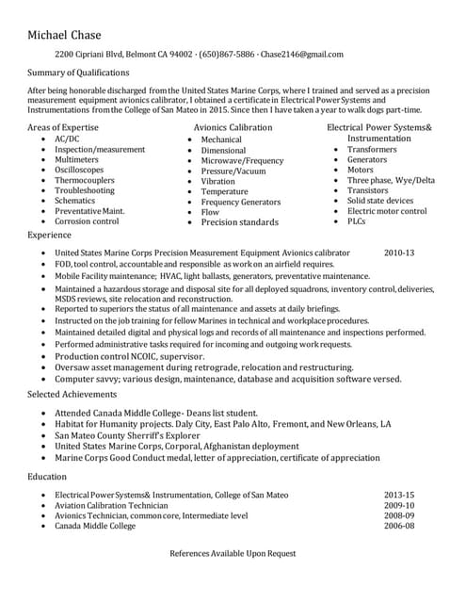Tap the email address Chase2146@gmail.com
pyautogui.click(x=302, y=55)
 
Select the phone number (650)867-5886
pyautogui.click(x=226, y=55)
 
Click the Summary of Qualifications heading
pyautogui.click(x=78, y=73)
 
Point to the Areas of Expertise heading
pyautogui.click(x=63, y=126)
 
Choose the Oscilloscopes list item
pyautogui.click(x=79, y=170)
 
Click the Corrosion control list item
pyautogui.click(x=87, y=221)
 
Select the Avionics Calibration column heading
pyautogui.click(x=233, y=127)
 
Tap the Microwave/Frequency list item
pyautogui.click(x=242, y=160)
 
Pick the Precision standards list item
pyautogui.click(x=239, y=222)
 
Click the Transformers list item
pyautogui.click(x=372, y=149)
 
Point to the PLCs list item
pyautogui.click(x=356, y=221)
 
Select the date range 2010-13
pyautogui.click(x=399, y=253)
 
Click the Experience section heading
pyautogui.click(x=50, y=235)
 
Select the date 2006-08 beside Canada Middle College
pyautogui.click(x=399, y=527)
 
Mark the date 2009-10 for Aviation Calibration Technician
pyautogui.click(x=399, y=506)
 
